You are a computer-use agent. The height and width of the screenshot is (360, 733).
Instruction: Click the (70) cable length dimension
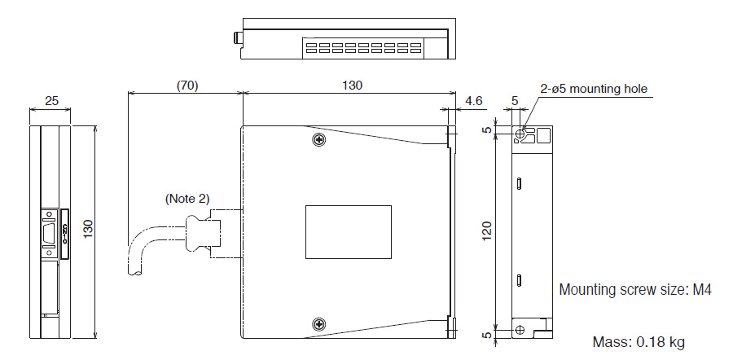pyautogui.click(x=187, y=85)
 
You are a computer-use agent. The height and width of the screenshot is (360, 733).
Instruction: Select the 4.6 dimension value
pyautogui.click(x=474, y=101)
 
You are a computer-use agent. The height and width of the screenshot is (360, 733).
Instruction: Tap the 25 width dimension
pyautogui.click(x=50, y=101)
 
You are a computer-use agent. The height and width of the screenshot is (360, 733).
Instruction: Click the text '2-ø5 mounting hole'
pyautogui.click(x=594, y=89)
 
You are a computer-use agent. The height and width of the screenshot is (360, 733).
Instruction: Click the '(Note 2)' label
pyautogui.click(x=186, y=198)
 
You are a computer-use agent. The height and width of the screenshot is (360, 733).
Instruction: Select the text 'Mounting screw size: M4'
pyautogui.click(x=636, y=289)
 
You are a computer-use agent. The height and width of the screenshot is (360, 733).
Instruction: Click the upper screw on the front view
pyautogui.click(x=318, y=140)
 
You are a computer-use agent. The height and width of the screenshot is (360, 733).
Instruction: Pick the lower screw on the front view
pyautogui.click(x=318, y=324)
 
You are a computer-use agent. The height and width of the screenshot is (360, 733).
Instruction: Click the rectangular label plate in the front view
pyautogui.click(x=348, y=232)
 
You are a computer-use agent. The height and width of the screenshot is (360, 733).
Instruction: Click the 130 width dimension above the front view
pyautogui.click(x=352, y=85)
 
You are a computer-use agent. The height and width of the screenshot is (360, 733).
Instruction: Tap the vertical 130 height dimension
pyautogui.click(x=88, y=232)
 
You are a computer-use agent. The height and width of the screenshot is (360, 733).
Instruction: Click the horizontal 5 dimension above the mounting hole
pyautogui.click(x=514, y=101)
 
